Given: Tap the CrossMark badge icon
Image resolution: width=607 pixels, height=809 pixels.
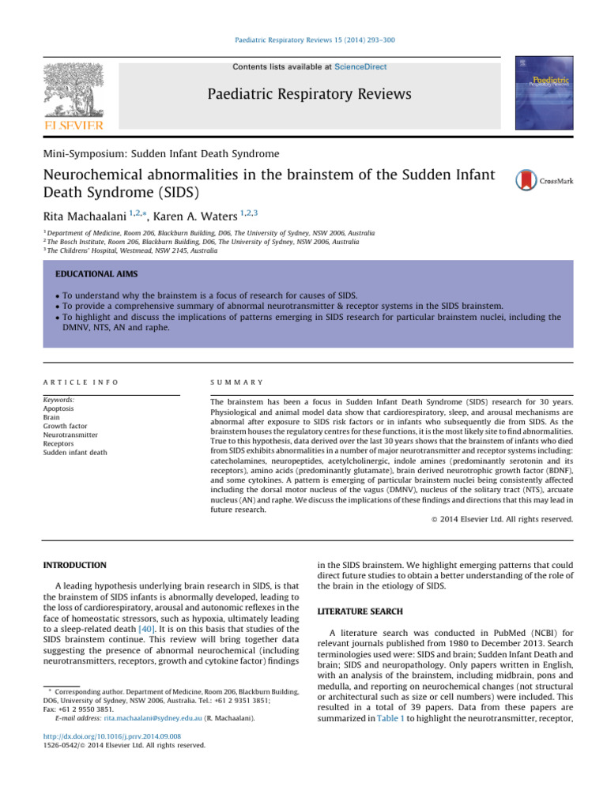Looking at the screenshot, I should click(526, 180).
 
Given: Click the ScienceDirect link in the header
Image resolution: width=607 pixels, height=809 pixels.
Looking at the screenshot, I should click(360, 67).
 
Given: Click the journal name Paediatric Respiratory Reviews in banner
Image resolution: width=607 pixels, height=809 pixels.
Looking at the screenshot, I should click(309, 95).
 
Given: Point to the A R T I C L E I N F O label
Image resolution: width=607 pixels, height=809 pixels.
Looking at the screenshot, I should click(81, 382).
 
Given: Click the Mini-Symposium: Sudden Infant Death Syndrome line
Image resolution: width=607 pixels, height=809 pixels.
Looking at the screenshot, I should click(160, 152).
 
